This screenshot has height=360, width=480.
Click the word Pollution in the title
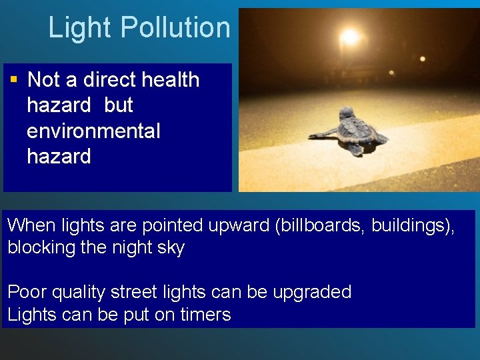(176, 28)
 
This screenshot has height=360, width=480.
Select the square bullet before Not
(13, 79)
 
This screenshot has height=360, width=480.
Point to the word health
(171, 80)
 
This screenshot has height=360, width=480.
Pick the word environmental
(93, 131)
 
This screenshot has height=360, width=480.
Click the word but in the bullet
(119, 105)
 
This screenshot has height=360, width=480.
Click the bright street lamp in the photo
(349, 36)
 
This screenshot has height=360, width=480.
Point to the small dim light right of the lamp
(423, 59)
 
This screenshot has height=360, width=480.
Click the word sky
(171, 248)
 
